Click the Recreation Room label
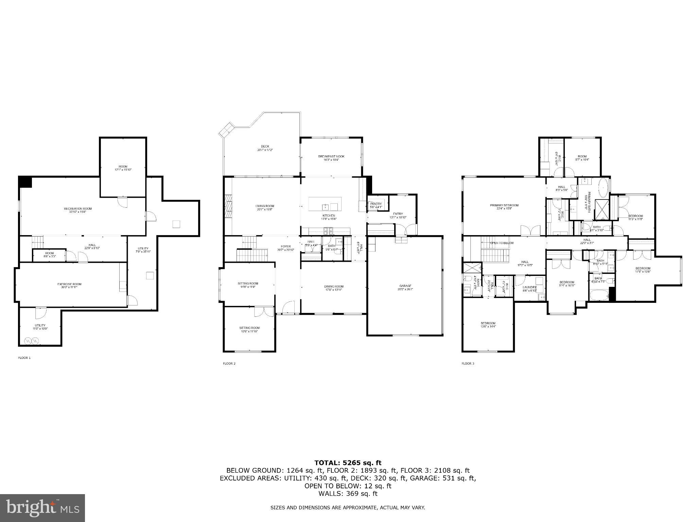click(x=78, y=209)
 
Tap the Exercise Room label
click(x=69, y=284)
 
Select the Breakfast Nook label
click(x=331, y=156)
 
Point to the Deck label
click(x=265, y=146)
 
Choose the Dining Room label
click(x=334, y=286)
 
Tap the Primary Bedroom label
click(x=504, y=205)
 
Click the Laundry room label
click(x=529, y=288)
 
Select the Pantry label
click(x=376, y=204)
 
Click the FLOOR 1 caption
click(x=24, y=358)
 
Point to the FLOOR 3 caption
click(x=468, y=364)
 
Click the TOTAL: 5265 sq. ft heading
click(x=348, y=463)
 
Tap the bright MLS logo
click(x=42, y=508)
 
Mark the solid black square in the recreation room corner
click(x=25, y=181)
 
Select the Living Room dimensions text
click(x=265, y=209)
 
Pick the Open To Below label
click(x=502, y=243)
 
